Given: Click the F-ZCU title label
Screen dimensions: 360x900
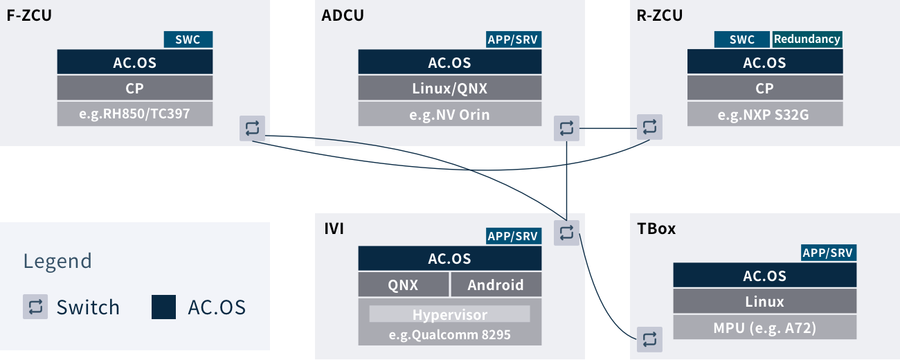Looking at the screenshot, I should pyautogui.click(x=29, y=16).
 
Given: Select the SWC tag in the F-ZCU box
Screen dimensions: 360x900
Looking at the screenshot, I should pyautogui.click(x=188, y=39).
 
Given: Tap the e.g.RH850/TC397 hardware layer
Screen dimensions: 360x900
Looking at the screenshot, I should pyautogui.click(x=135, y=114).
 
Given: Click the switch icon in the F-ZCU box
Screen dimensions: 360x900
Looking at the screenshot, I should pyautogui.click(x=252, y=128).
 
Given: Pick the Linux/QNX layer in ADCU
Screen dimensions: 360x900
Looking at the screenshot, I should pyautogui.click(x=449, y=88).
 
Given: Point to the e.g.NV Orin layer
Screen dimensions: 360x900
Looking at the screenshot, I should pyautogui.click(x=449, y=114).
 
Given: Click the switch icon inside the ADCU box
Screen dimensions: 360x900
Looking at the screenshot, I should pyautogui.click(x=567, y=128).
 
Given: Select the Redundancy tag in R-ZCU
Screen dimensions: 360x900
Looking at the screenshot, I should pyautogui.click(x=807, y=39).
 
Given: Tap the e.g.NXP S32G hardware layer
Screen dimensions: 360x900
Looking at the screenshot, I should pyautogui.click(x=765, y=114).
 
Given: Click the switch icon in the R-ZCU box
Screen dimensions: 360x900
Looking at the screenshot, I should pyautogui.click(x=649, y=127).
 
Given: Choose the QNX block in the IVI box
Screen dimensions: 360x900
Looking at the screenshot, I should pyautogui.click(x=403, y=285).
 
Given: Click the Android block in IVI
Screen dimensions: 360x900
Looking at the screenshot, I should pyautogui.click(x=496, y=285).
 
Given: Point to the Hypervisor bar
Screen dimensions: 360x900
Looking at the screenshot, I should pyautogui.click(x=449, y=314).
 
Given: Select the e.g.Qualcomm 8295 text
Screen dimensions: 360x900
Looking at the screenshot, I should pyautogui.click(x=449, y=335).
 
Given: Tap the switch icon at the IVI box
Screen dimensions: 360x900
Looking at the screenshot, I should pyautogui.click(x=567, y=233).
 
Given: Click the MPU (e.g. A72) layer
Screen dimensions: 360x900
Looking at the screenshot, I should pyautogui.click(x=765, y=327).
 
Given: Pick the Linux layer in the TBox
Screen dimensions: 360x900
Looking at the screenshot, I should pyautogui.click(x=765, y=301).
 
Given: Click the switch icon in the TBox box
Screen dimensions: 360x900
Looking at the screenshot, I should pyautogui.click(x=649, y=339).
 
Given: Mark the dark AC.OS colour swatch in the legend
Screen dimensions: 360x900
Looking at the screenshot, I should pyautogui.click(x=163, y=307).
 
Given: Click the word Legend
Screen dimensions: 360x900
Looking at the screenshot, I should pyautogui.click(x=57, y=261).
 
